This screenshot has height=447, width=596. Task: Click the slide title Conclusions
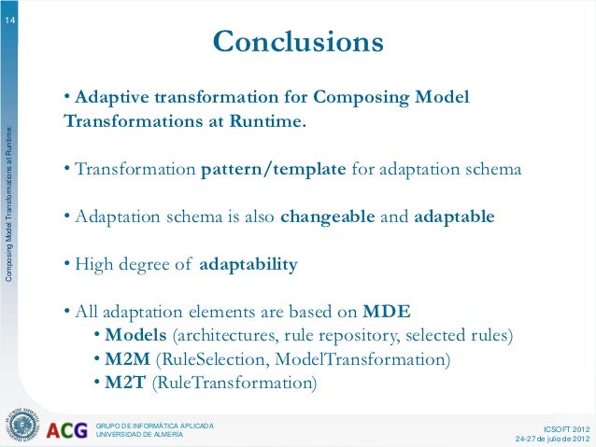point(298,42)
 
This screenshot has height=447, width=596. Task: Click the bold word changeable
point(328,217)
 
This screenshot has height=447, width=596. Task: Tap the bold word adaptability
point(248,265)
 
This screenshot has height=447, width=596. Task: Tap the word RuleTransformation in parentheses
point(235,383)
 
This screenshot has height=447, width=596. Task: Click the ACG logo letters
point(66,430)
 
